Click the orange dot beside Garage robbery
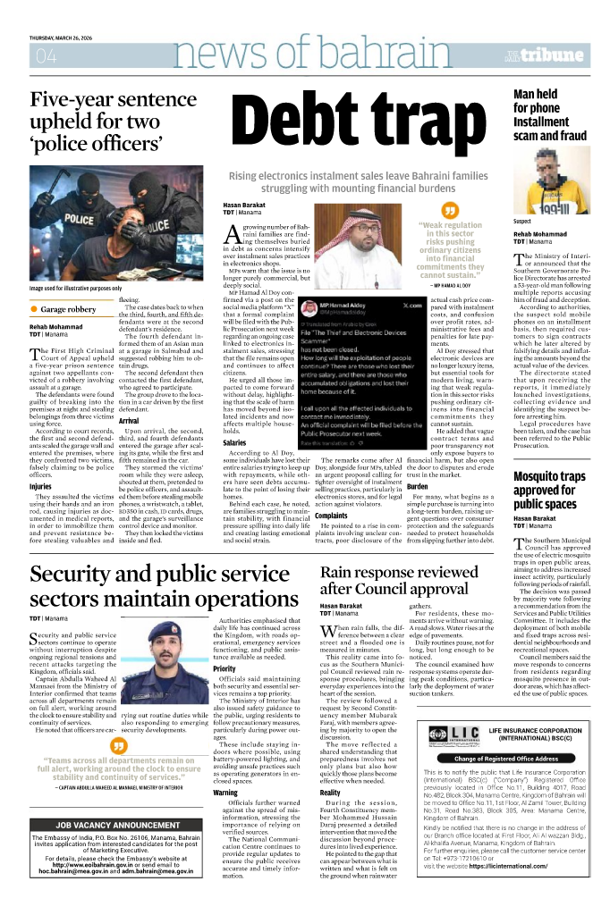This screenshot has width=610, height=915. point(34,308)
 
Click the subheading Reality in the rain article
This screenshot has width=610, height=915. point(330,793)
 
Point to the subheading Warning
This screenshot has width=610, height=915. point(225,792)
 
